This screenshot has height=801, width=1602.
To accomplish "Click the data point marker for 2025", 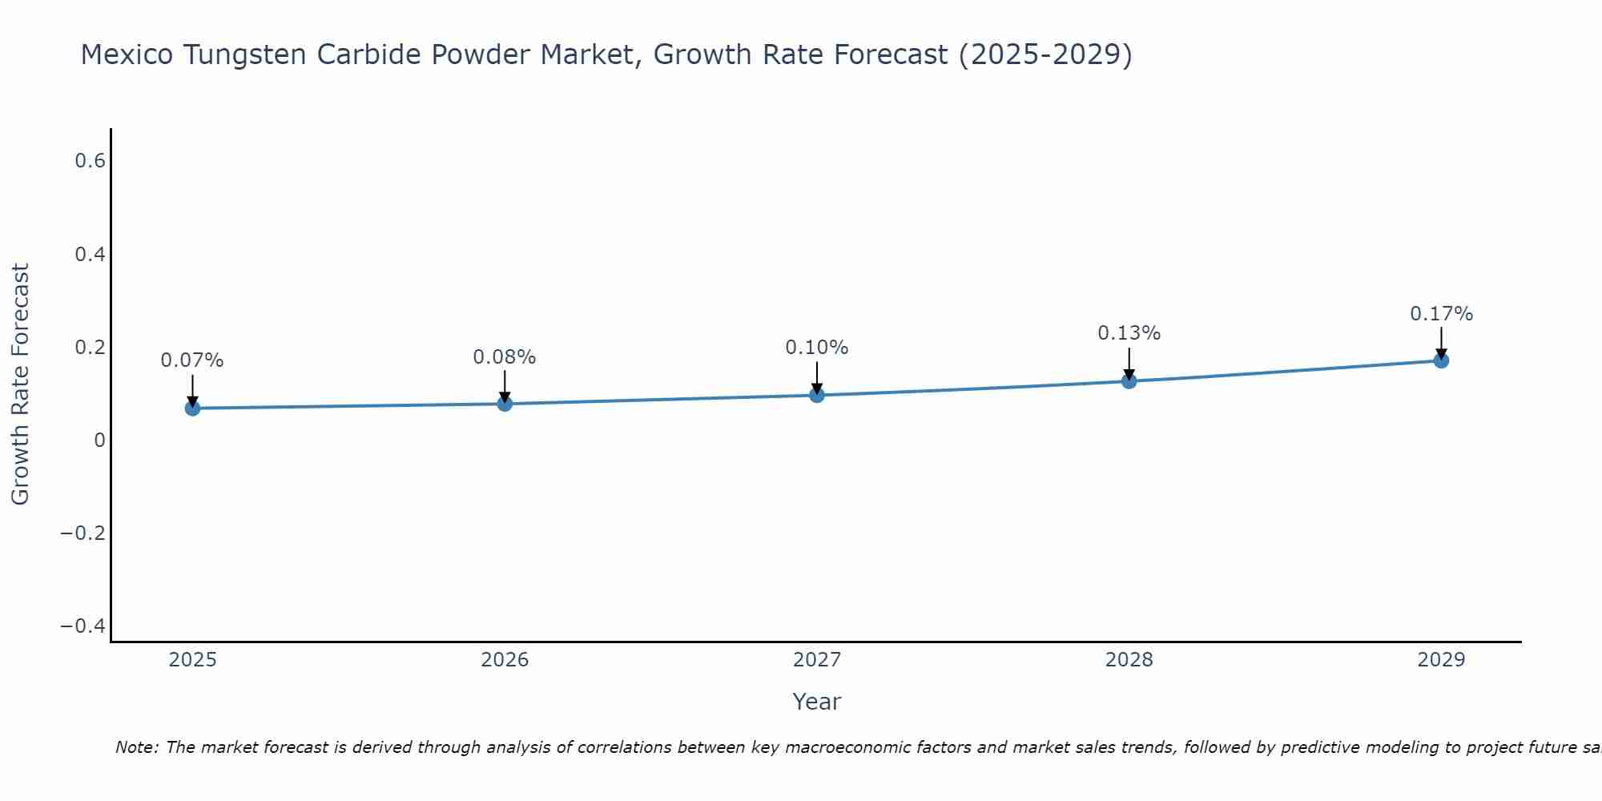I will [192, 408].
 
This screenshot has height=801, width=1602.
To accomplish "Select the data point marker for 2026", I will [505, 404].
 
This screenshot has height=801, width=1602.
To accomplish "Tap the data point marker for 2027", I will [817, 395].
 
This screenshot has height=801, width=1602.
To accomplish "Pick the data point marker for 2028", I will [1129, 380].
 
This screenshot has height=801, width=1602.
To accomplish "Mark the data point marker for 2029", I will [1441, 360].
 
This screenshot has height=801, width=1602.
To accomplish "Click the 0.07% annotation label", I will [192, 360].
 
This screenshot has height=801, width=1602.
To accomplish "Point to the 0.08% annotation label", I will [505, 357].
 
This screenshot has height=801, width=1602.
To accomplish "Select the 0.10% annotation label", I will [817, 348].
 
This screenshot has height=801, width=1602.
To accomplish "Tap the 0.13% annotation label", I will [1129, 333].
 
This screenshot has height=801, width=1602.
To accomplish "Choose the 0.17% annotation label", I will [1441, 314].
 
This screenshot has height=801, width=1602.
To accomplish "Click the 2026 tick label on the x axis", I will [505, 660].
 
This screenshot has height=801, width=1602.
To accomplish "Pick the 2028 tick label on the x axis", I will [1129, 660].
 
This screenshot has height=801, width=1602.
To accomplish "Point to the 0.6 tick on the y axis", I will [91, 161].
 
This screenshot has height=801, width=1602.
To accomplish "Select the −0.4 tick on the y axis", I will [83, 626].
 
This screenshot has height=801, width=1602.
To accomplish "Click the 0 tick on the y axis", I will [99, 440].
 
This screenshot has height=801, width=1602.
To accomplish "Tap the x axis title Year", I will [816, 702].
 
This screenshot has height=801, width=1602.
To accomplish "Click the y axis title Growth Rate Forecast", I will [20, 384].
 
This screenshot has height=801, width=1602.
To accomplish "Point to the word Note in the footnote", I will [137, 747].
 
